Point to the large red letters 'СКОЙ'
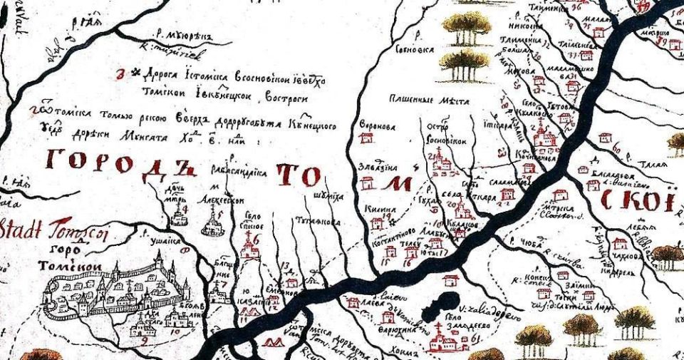(637, 202)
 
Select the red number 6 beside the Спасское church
(257, 240)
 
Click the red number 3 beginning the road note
(120, 73)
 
